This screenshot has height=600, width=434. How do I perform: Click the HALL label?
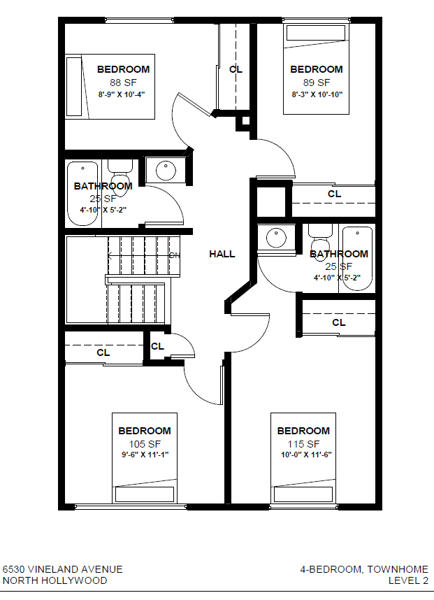click(222, 254)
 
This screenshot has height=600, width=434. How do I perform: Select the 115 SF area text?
click(303, 444)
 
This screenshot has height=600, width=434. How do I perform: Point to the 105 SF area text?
click(144, 444)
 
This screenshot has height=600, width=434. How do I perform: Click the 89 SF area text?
click(316, 82)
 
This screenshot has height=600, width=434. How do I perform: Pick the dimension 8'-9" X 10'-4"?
click(122, 94)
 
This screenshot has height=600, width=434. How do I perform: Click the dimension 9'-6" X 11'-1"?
click(144, 455)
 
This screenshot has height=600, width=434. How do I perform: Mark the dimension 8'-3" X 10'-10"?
click(317, 94)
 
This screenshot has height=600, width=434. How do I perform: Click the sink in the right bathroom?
click(277, 238)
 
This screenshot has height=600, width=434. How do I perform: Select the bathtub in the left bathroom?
click(82, 194)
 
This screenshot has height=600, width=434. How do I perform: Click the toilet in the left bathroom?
click(120, 175)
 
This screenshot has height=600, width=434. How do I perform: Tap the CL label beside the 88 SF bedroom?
click(236, 69)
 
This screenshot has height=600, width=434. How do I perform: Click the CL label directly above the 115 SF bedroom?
click(338, 322)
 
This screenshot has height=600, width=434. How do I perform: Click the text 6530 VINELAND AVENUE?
click(62, 570)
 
